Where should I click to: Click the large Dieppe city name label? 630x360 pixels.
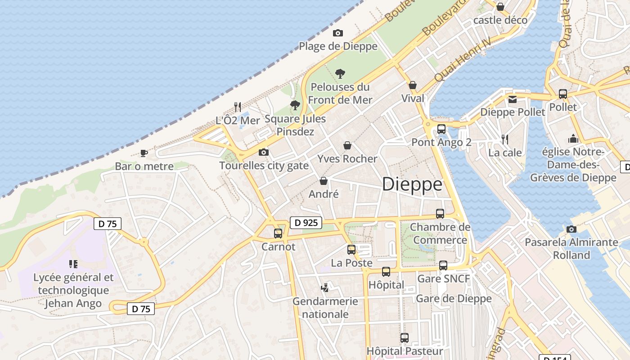[x=412, y=184]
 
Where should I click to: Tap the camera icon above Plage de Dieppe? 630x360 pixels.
[x=337, y=33]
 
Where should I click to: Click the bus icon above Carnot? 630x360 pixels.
[x=278, y=233]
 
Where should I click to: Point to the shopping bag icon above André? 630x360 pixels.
[x=323, y=181]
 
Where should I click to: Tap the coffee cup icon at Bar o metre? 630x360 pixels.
[x=144, y=153]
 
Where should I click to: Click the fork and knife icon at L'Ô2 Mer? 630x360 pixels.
[x=238, y=107]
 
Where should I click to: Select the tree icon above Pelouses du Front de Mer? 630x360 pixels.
[x=340, y=73]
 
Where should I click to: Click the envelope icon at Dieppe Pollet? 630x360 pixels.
[x=512, y=99]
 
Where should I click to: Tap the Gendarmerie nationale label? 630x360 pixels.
[x=325, y=307]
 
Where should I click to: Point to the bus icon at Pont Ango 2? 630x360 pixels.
[x=441, y=129]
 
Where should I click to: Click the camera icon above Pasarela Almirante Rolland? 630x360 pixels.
[x=571, y=229]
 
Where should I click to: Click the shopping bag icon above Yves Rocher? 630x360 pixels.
[x=347, y=145]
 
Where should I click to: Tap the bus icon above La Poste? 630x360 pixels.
[x=351, y=249]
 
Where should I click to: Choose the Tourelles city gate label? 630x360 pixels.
[x=264, y=166]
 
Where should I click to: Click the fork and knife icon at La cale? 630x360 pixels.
[x=505, y=139]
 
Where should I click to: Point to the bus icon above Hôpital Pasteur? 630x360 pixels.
[x=405, y=337]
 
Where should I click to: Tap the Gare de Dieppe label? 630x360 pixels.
[x=454, y=298]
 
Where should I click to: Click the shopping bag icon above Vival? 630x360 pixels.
[x=413, y=85]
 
